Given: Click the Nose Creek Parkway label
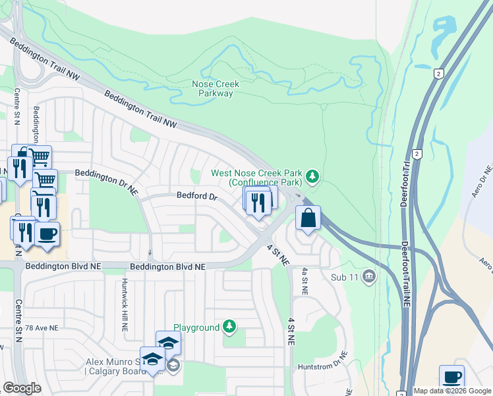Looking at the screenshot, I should pos(216,88).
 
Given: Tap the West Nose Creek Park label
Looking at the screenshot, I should pos(256,173).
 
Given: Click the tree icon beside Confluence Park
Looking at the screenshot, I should pos(313,176).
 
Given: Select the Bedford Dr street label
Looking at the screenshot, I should pos(196,196).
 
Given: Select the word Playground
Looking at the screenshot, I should pos(196,327).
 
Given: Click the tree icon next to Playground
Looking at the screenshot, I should pos(229,327).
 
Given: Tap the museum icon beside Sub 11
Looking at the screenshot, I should pos(368,277).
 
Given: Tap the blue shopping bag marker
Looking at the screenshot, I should pos(308,217).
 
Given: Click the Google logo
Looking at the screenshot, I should pos(22,388).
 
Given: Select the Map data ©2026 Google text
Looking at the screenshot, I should pos(451,391).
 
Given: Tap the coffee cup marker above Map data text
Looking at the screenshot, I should pos(451,377).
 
